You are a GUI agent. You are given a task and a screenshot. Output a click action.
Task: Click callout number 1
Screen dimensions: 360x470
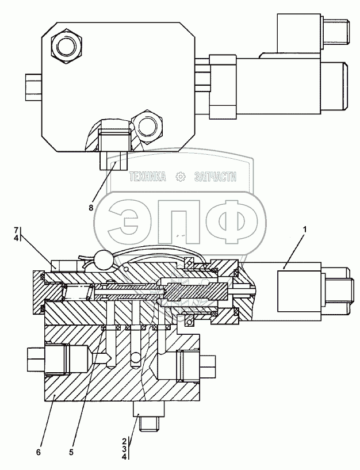tap(305, 230)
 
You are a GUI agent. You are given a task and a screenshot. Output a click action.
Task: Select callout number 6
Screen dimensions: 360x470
tap(38, 452)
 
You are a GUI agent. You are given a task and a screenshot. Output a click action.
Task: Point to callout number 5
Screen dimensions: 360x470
tap(71, 452)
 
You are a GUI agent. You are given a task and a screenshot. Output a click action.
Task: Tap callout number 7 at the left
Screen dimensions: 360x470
tap(17, 230)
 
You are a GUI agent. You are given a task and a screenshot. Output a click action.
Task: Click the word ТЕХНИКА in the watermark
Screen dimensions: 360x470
tap(148, 177)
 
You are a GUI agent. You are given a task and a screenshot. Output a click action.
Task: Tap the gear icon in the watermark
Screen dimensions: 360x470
tap(181, 177)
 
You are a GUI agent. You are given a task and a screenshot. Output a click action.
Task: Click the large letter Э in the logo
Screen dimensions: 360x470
tap(132, 221)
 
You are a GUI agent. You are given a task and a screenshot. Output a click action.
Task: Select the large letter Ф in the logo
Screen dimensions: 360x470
tap(231, 221)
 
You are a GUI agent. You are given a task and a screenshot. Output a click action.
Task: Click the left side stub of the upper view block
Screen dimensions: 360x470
tap(33, 87)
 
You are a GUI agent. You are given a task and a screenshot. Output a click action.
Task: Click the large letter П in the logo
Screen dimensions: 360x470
tap(180, 221)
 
